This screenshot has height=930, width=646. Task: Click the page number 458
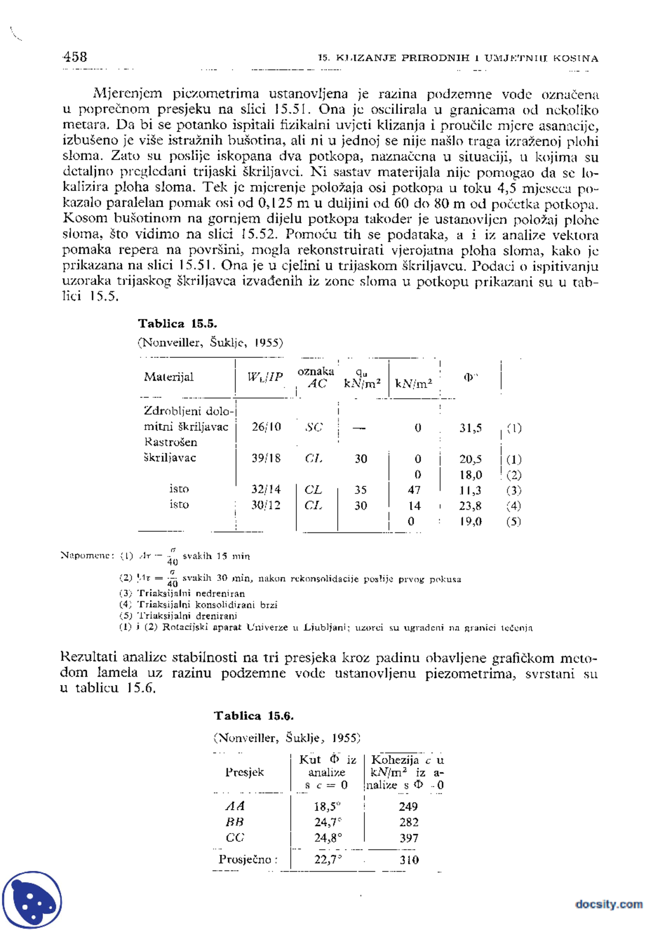[75, 57]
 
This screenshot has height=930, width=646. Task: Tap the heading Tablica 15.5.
[177, 323]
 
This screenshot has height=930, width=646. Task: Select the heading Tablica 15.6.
[253, 716]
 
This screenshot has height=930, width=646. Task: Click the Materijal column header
[169, 377]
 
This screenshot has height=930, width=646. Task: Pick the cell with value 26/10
[266, 427]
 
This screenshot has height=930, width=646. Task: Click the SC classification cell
[313, 427]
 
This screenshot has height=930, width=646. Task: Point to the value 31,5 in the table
[470, 428]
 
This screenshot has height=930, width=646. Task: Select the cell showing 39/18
[266, 458]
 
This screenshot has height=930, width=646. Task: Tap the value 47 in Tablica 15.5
[414, 490]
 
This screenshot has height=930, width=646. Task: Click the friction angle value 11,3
[470, 490]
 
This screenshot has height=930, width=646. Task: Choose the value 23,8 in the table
[470, 506]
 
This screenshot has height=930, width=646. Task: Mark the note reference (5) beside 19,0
[513, 521]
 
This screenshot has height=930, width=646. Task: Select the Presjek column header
[244, 772]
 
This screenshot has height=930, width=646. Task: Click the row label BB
[235, 822]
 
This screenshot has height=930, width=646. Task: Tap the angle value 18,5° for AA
[328, 806]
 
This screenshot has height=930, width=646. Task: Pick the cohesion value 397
[409, 838]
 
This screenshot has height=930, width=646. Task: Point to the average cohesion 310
[409, 860]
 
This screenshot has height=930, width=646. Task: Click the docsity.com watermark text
[609, 904]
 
